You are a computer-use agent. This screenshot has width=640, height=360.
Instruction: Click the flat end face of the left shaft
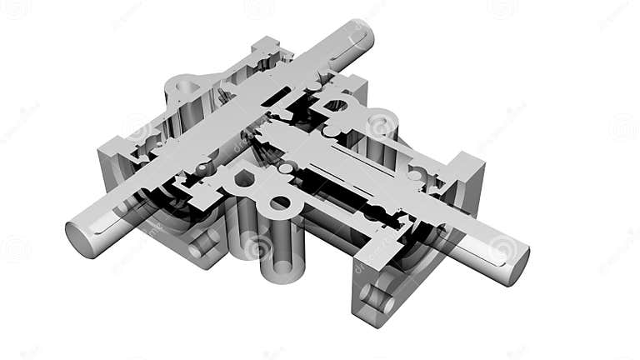click(x=82, y=240)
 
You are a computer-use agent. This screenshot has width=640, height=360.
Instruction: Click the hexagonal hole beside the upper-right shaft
click(x=335, y=105)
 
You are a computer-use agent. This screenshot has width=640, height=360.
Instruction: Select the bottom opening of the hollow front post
click(x=279, y=269)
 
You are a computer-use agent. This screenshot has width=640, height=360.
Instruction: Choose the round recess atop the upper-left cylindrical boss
click(x=185, y=87)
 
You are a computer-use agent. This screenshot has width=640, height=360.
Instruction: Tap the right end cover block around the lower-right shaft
click(x=462, y=179)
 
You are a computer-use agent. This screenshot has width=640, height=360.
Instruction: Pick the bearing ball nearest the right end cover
click(x=414, y=176)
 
